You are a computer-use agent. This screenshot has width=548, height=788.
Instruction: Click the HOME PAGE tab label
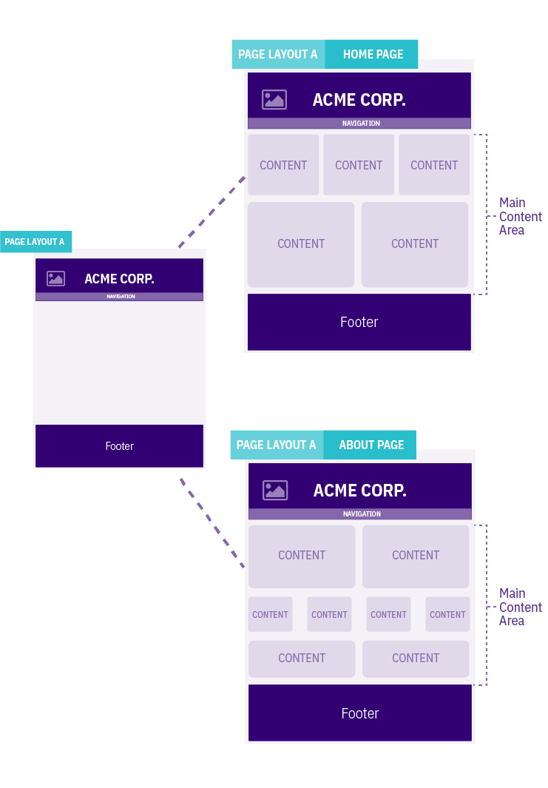coord(372,54)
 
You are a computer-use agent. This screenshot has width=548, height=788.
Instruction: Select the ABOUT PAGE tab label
coord(371,445)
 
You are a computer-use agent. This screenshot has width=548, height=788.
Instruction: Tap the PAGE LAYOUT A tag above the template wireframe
coord(35,241)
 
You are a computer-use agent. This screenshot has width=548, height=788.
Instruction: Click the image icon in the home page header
coord(274,100)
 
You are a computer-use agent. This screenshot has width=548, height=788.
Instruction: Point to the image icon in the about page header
coord(275,490)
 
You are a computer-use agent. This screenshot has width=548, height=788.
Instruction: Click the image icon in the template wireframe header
coord(55,278)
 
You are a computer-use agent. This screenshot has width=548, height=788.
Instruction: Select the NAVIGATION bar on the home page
coord(359,124)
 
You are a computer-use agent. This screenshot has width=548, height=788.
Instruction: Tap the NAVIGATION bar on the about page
coord(360,513)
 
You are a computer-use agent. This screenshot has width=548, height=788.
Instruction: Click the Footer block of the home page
coord(359,322)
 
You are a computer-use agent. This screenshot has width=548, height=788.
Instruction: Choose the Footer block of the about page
coord(359,713)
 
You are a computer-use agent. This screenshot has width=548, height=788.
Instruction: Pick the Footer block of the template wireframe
coord(119,446)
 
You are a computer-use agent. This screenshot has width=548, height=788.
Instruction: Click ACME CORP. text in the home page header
coord(359,100)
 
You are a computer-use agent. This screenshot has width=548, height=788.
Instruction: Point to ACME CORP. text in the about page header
coord(359,490)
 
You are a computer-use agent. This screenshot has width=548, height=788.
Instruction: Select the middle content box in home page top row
coord(359,165)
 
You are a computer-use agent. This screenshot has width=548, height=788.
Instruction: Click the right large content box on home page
coord(415,244)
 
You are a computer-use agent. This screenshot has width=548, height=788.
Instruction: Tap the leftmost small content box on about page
coord(270,614)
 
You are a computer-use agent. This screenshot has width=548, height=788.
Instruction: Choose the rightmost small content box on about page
coord(447,614)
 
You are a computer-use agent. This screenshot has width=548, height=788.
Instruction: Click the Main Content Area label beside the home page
coord(520,216)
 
